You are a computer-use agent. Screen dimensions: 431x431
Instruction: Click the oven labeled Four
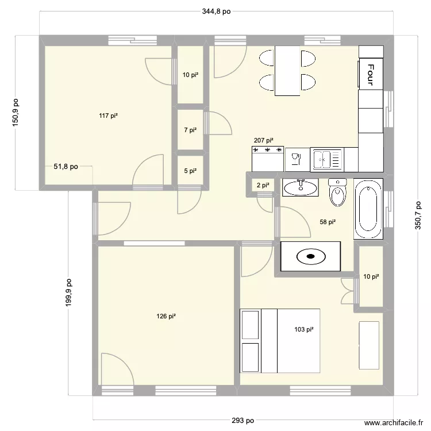point(371,74)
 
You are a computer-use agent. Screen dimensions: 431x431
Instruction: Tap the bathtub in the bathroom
point(368,210)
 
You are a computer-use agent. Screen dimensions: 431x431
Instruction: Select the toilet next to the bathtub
point(337,193)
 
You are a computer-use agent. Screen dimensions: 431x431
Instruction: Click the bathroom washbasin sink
point(300,187)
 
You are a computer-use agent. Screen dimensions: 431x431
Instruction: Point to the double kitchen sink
point(326,159)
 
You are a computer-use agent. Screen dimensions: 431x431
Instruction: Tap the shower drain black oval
point(310,257)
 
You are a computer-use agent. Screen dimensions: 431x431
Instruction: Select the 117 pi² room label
point(108,116)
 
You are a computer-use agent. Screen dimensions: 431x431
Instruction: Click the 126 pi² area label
point(166,316)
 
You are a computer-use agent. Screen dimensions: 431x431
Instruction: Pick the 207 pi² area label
point(263,140)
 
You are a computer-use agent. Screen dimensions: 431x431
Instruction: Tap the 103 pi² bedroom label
point(303,329)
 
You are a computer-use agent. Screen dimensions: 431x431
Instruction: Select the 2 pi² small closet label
point(263,185)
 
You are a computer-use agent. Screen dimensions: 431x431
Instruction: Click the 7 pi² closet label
point(190,130)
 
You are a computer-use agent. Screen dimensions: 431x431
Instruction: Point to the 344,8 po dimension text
point(216,11)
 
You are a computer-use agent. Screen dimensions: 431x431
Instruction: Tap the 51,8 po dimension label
point(66,167)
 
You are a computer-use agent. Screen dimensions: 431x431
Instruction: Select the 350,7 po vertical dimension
point(418,215)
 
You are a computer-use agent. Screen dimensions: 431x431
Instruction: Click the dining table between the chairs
point(287,71)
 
